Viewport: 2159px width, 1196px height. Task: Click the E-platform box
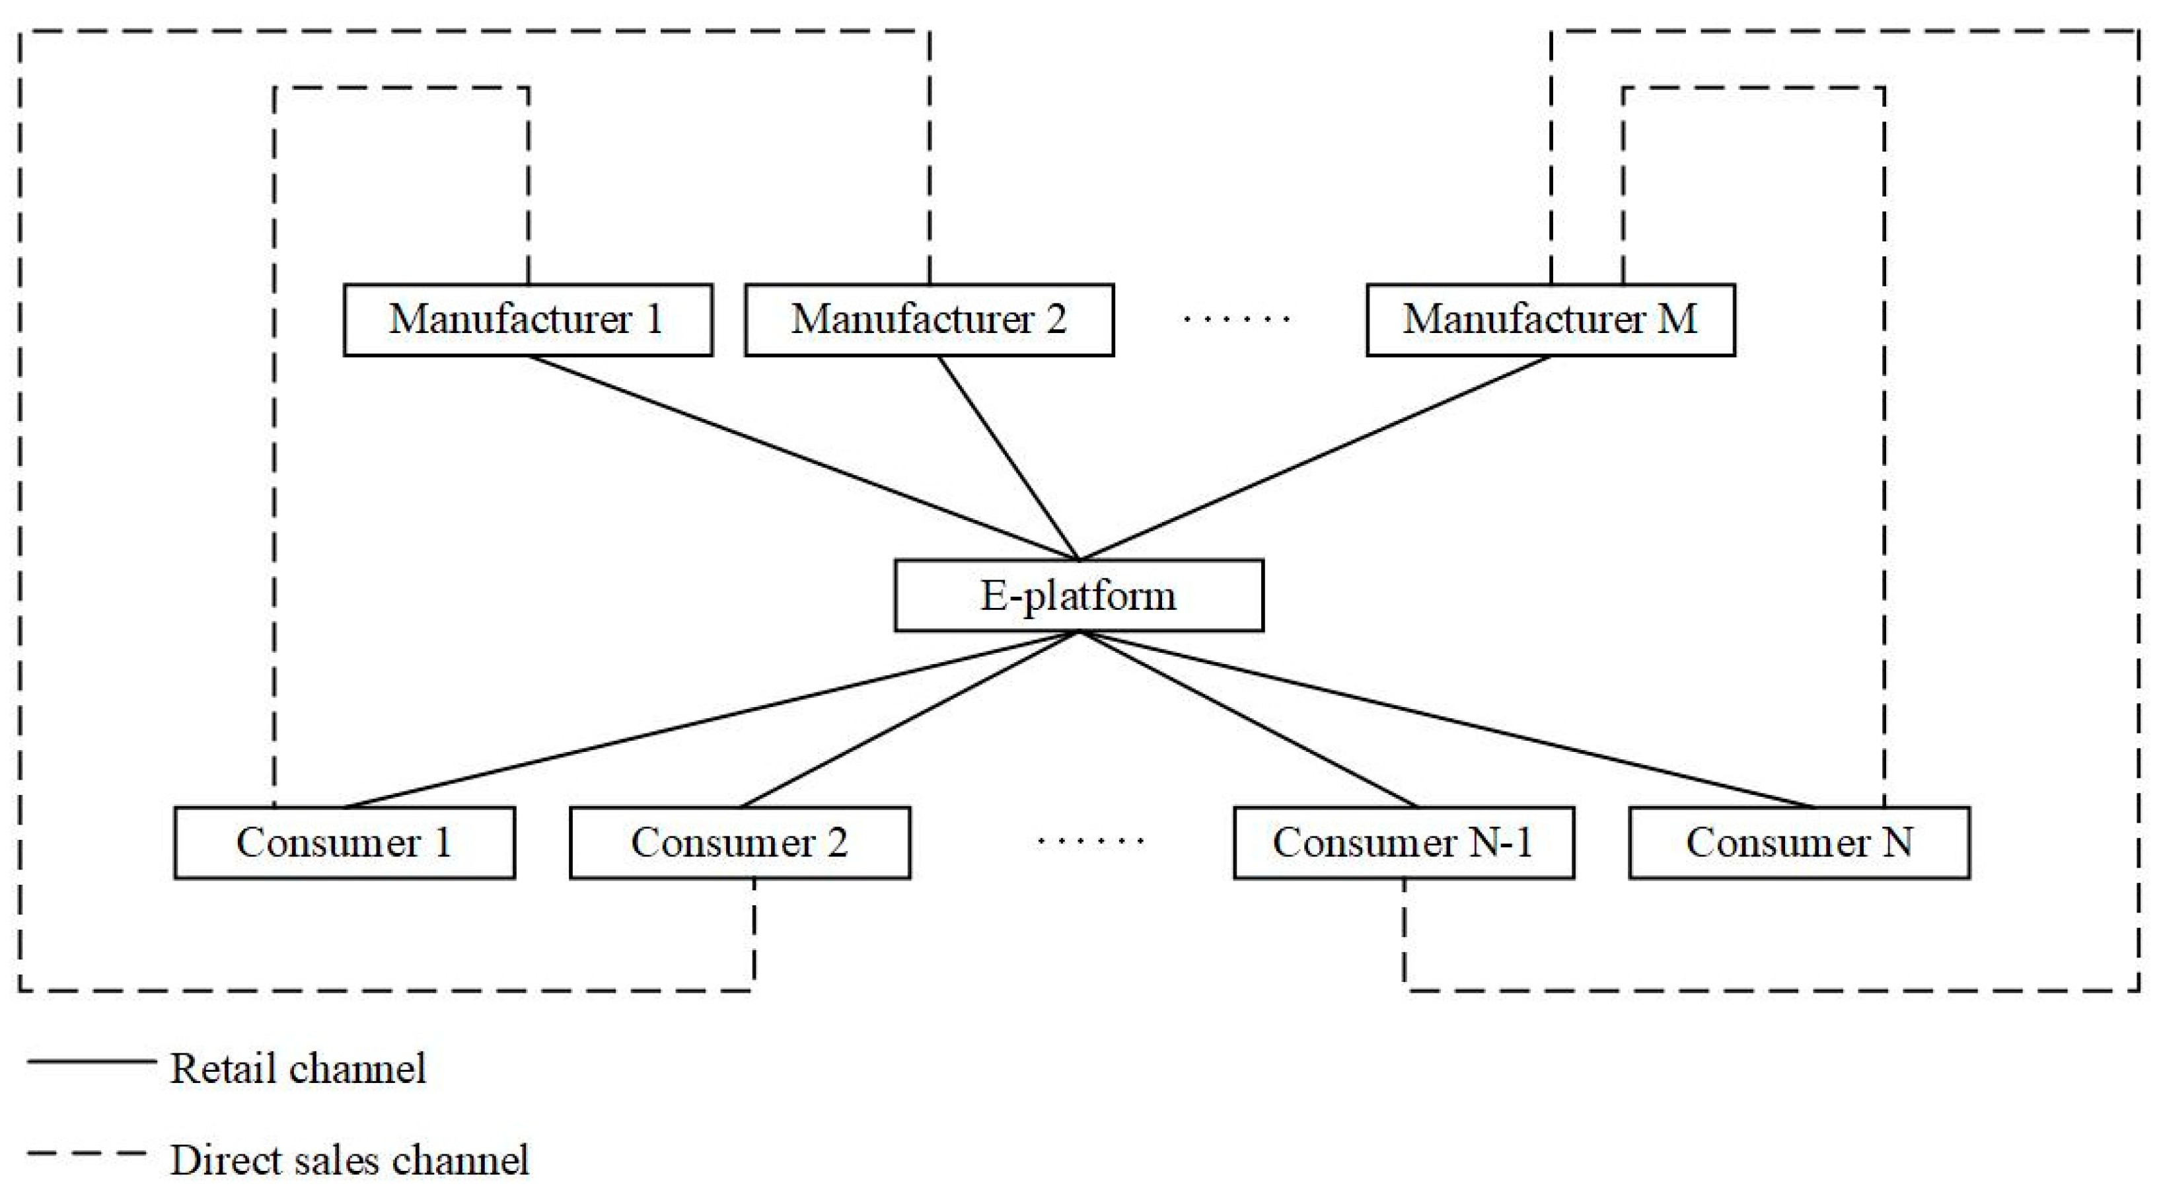(1079, 596)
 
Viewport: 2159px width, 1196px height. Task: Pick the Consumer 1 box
(344, 843)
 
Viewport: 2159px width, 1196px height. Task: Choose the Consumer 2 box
(739, 843)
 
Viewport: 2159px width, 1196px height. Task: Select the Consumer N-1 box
(1404, 843)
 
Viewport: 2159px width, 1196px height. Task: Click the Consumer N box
(1800, 843)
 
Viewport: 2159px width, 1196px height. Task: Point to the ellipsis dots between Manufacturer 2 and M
(1237, 319)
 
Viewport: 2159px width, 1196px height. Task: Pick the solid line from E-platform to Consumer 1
(712, 719)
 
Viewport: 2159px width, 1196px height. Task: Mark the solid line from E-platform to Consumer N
(1447, 719)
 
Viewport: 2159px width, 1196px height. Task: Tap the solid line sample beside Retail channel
(92, 1062)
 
